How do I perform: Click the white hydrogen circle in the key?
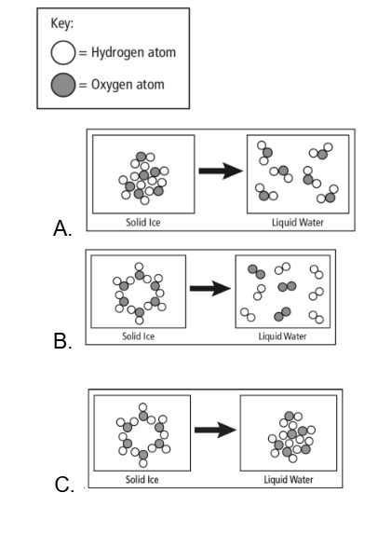pyautogui.click(x=63, y=53)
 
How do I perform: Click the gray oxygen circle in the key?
pyautogui.click(x=63, y=85)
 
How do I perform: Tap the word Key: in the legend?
pyautogui.click(x=62, y=24)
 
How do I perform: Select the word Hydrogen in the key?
pyautogui.click(x=116, y=53)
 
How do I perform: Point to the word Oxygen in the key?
pyautogui.click(x=109, y=85)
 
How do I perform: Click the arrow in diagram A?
pyautogui.click(x=221, y=171)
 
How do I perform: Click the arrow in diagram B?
pyautogui.click(x=210, y=289)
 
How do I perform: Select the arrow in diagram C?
pyautogui.click(x=215, y=431)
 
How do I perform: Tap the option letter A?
pyautogui.click(x=62, y=228)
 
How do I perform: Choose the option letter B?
pyautogui.click(x=62, y=340)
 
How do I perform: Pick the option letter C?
pyautogui.click(x=64, y=485)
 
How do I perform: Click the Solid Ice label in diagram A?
pyautogui.click(x=142, y=223)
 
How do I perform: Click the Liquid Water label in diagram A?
pyautogui.click(x=298, y=223)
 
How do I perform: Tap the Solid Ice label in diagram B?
pyautogui.click(x=138, y=336)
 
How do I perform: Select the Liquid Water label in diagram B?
pyautogui.click(x=282, y=336)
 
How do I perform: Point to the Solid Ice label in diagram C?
pyautogui.click(x=142, y=480)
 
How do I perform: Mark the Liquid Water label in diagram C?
pyautogui.click(x=289, y=480)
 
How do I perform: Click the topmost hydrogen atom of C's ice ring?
pyautogui.click(x=142, y=407)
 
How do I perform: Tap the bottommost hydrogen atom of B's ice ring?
pyautogui.click(x=139, y=321)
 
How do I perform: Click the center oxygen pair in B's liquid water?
pyautogui.click(x=287, y=286)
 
